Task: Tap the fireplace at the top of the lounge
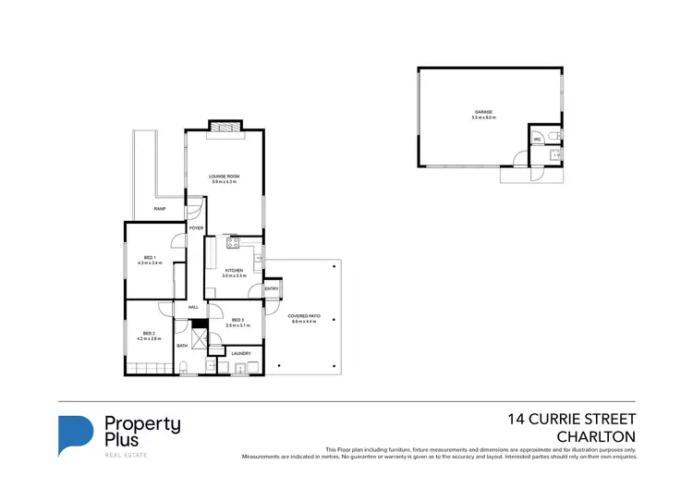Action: click(x=224, y=126)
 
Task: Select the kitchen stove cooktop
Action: click(x=234, y=244)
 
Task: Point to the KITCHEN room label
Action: click(x=234, y=270)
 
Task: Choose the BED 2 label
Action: click(x=149, y=333)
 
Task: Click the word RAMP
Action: click(x=160, y=211)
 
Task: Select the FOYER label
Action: click(x=196, y=227)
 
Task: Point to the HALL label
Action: click(x=194, y=307)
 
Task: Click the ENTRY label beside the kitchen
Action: click(x=272, y=288)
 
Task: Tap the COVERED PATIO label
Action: click(x=304, y=316)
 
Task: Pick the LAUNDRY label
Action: click(x=241, y=353)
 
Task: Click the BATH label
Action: click(x=182, y=346)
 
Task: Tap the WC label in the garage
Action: click(x=537, y=140)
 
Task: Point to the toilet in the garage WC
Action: click(x=553, y=137)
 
